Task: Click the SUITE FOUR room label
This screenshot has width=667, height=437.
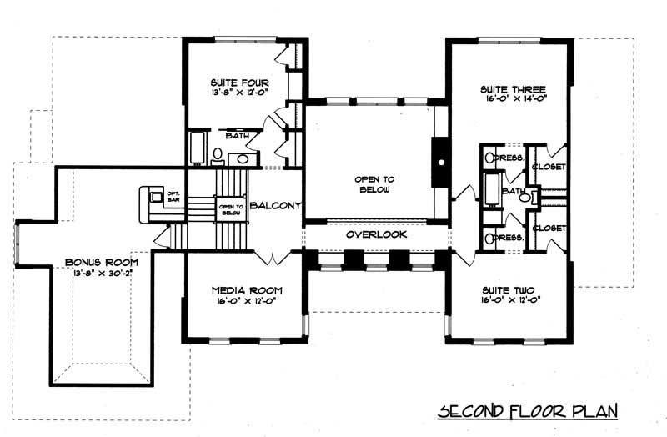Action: (234, 83)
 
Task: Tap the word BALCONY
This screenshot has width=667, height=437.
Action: (273, 205)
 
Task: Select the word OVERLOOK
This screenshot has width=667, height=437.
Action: (376, 236)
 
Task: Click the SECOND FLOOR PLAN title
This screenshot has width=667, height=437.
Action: (527, 411)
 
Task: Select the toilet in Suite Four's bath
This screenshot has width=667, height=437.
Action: (217, 156)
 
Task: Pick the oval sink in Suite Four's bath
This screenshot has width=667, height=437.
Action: (242, 158)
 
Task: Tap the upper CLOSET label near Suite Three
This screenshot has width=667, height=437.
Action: (550, 168)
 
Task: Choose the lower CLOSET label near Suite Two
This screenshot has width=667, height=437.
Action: (550, 228)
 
